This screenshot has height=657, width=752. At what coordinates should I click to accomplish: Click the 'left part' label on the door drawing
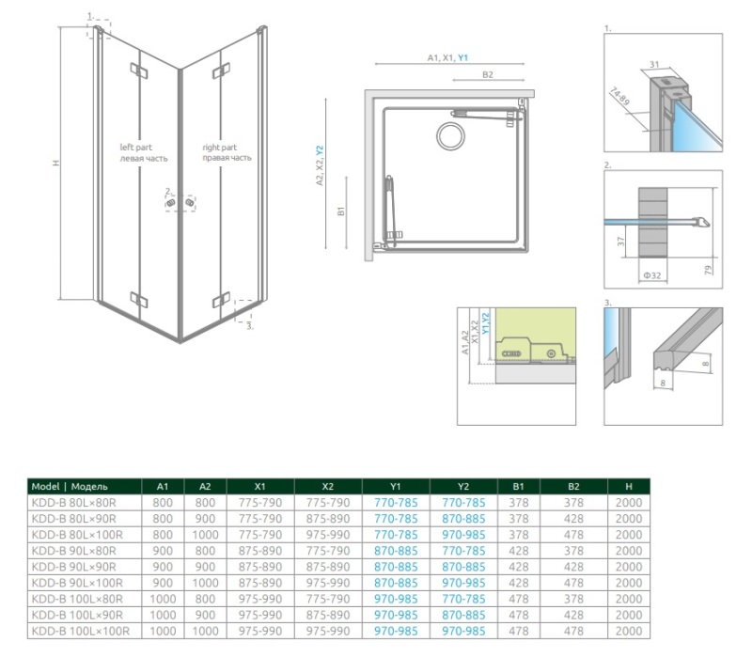pos(135,148)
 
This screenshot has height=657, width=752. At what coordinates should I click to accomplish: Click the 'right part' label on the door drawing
pos(219,148)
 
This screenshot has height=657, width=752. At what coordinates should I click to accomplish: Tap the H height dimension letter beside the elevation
pos(56,163)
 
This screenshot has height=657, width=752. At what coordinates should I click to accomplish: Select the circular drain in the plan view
pos(450,135)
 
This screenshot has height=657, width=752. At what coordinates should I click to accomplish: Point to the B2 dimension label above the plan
pos(487,74)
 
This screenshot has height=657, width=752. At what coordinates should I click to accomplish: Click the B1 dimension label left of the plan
pos(341,211)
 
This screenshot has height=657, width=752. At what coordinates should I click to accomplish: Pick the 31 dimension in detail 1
pos(654,64)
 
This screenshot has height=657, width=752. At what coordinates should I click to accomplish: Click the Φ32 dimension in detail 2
pos(652,275)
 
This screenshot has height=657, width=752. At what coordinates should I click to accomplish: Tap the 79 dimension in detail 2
pos(709,270)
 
